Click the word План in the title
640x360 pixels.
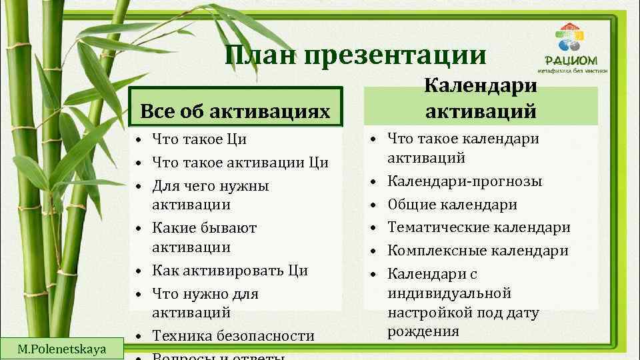tap(261, 55)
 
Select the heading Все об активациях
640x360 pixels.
tap(235, 110)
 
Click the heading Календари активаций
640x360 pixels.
tap(481, 98)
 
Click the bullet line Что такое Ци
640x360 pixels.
tap(199, 139)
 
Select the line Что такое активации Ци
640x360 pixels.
tap(240, 162)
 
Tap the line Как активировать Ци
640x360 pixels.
tap(230, 271)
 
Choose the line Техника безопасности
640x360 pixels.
tap(233, 336)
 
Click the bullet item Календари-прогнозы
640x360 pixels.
tap(465, 181)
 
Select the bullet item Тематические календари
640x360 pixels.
tap(479, 227)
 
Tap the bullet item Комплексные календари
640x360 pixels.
tap(477, 251)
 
